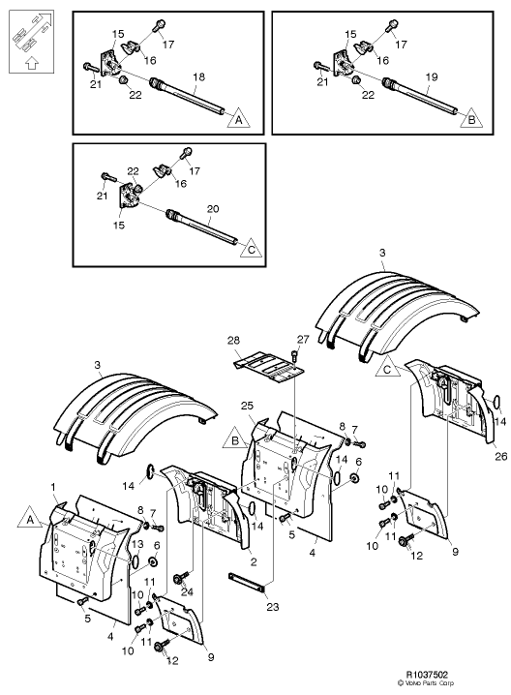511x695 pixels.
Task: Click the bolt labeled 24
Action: pyautogui.click(x=180, y=578)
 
